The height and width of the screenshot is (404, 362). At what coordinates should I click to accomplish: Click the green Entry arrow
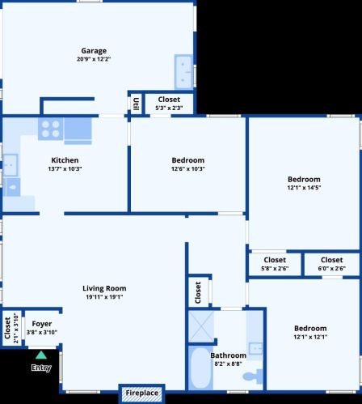[41, 355]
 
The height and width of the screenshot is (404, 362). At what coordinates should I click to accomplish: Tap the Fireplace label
[142, 393]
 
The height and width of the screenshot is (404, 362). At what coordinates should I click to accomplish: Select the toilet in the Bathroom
[253, 376]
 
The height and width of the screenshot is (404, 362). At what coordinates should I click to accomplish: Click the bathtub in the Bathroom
[200, 368]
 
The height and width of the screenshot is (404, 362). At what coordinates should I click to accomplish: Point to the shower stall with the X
[201, 326]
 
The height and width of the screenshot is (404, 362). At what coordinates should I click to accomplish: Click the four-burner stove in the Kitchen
[51, 129]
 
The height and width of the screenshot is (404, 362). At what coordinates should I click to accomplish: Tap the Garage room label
[94, 51]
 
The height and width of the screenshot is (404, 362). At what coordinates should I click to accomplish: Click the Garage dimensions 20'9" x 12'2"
[94, 59]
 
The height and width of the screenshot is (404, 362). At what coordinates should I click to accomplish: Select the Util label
[137, 104]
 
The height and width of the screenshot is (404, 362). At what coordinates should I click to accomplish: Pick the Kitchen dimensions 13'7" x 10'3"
[65, 169]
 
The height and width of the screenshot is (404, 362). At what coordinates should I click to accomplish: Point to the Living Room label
[104, 288]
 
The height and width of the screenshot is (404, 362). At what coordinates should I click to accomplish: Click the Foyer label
[42, 324]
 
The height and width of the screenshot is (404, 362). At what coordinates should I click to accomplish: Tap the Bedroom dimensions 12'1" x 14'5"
[304, 188]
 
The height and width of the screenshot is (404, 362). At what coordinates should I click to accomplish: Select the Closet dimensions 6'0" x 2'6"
[331, 268]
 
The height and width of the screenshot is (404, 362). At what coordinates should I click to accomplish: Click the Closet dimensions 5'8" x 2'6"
[275, 268]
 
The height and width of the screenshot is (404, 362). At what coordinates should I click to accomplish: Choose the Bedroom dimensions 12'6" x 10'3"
[188, 169]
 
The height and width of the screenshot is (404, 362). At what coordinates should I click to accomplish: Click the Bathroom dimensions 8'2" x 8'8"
[228, 364]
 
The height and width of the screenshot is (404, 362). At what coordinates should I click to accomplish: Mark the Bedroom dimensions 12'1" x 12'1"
[310, 337]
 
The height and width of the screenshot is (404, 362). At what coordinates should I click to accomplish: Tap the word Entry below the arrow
[41, 368]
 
